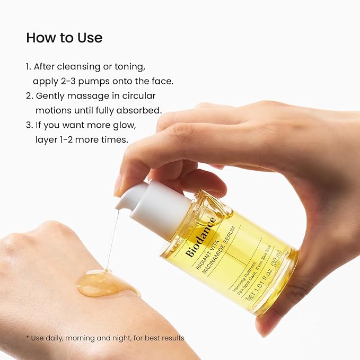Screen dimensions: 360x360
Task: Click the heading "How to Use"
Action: tap(64, 38)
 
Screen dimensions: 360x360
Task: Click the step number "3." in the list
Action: tap(30, 125)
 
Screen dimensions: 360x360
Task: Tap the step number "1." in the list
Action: tap(29, 67)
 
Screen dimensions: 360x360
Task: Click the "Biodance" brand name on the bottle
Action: tap(201, 237)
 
